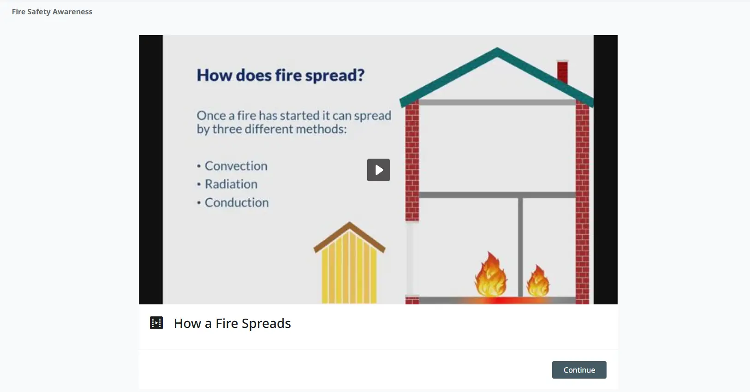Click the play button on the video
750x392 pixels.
click(x=378, y=170)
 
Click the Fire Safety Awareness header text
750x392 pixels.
click(x=52, y=12)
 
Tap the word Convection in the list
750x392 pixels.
click(x=236, y=166)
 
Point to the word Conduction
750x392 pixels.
click(x=237, y=202)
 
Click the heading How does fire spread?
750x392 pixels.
click(x=280, y=75)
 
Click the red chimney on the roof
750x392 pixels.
click(x=563, y=71)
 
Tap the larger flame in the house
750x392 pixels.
click(x=491, y=274)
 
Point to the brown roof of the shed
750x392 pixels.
click(x=349, y=236)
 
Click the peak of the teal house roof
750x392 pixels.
click(x=497, y=48)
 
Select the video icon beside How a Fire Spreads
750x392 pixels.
click(x=156, y=323)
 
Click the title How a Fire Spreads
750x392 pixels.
click(x=232, y=323)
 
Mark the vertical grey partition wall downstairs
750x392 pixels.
click(x=520, y=247)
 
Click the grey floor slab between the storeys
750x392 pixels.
click(x=497, y=195)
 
